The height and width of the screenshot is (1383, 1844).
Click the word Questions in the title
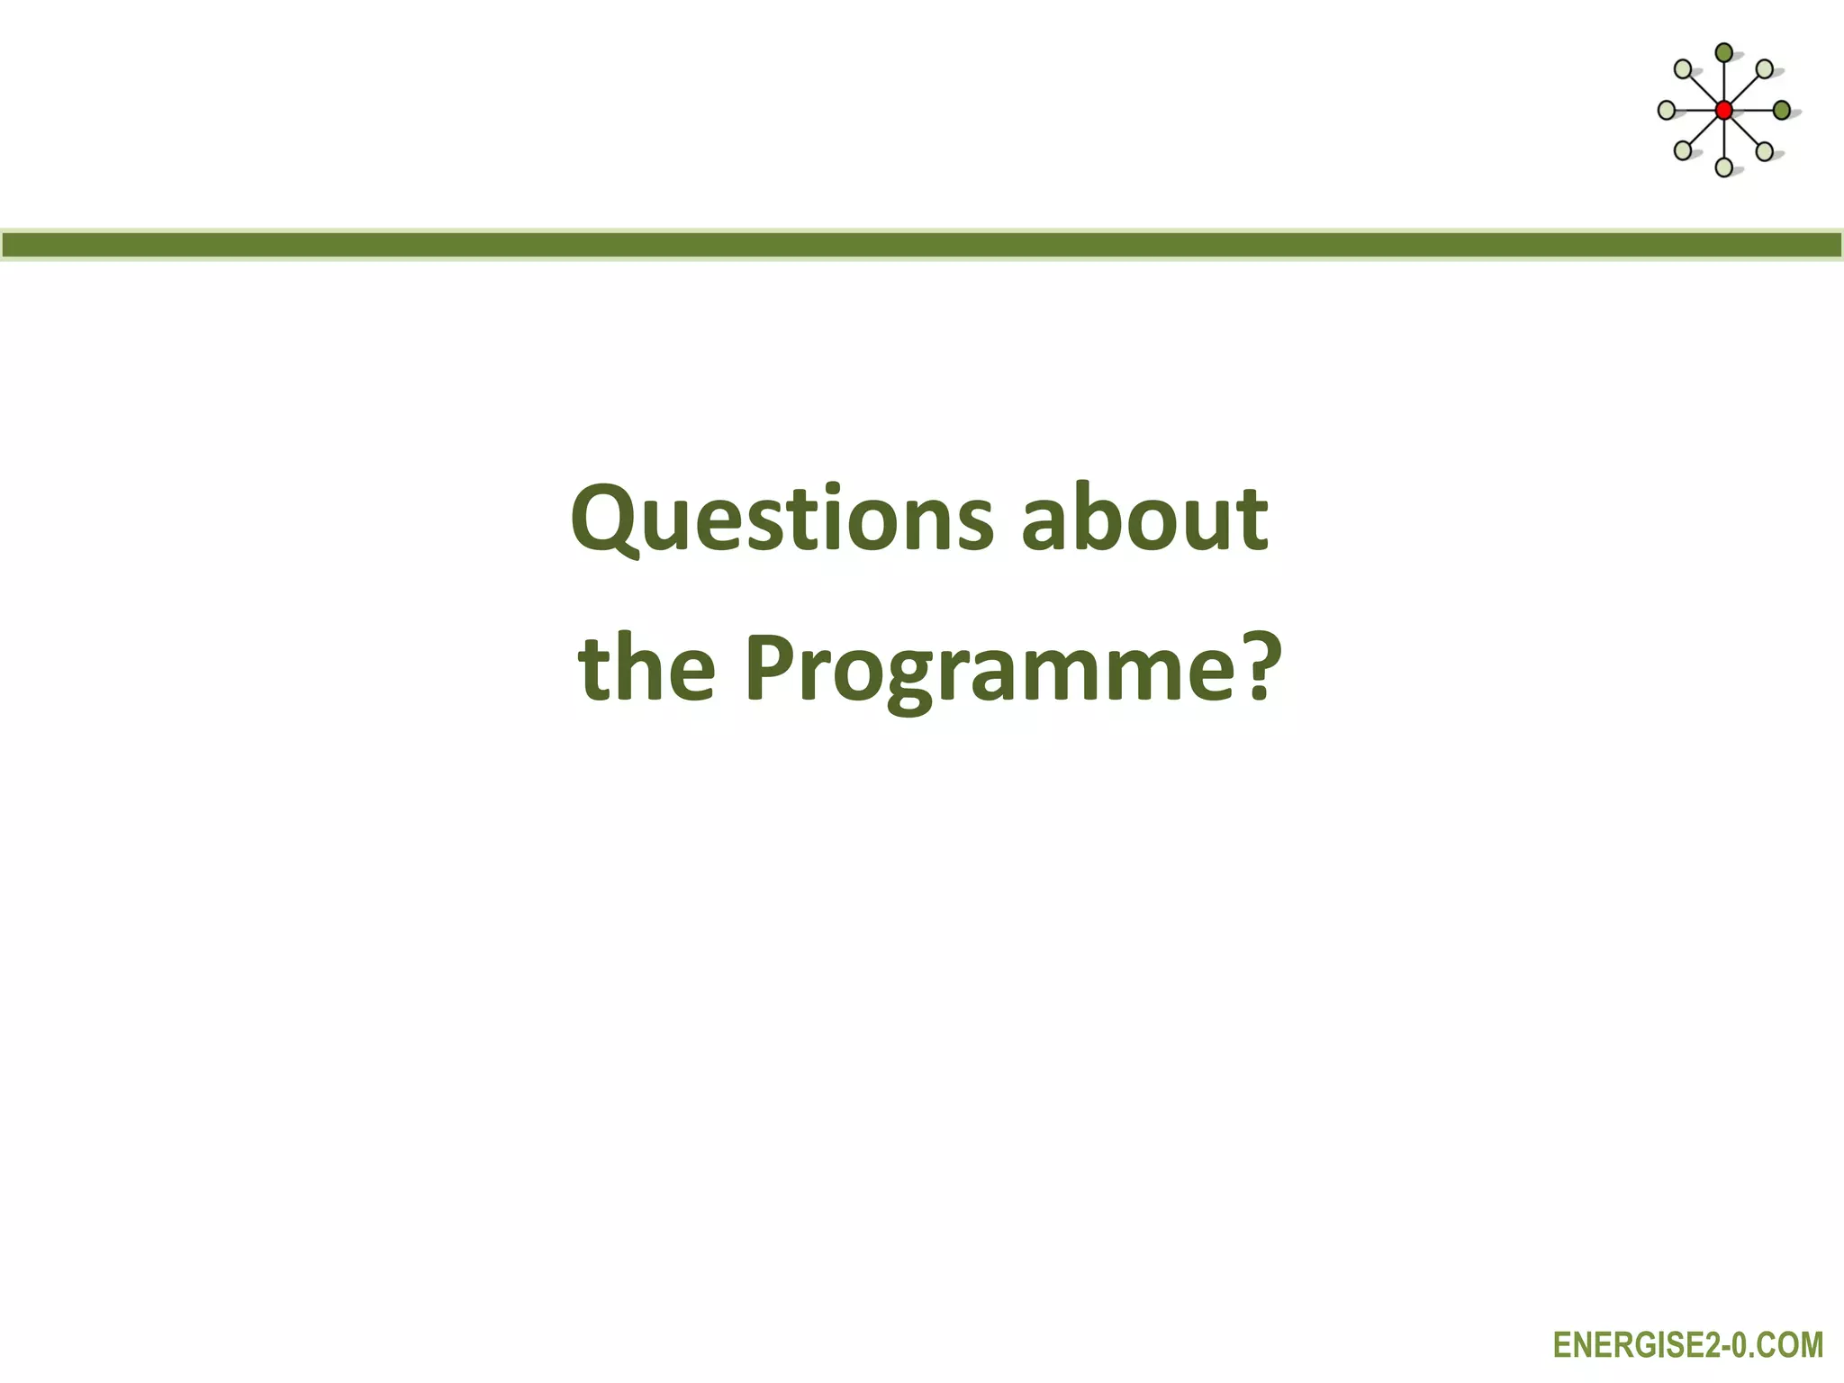(x=782, y=520)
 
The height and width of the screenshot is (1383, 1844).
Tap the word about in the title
(x=1145, y=519)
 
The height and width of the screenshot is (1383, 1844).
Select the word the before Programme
(x=647, y=668)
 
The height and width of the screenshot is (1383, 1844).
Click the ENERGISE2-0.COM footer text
(x=1687, y=1345)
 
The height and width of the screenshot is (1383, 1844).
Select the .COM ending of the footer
(x=1787, y=1345)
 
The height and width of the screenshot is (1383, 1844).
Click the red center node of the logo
(x=1723, y=111)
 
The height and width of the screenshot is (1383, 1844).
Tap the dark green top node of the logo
(x=1723, y=53)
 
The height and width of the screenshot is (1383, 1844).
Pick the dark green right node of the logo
(x=1781, y=111)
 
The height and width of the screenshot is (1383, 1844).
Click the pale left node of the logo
(x=1667, y=111)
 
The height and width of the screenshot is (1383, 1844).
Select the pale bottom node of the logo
(x=1723, y=167)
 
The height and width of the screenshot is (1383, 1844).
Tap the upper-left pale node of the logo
(x=1683, y=69)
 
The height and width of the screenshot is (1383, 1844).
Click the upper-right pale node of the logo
(x=1765, y=69)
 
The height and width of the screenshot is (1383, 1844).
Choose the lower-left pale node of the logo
(x=1683, y=150)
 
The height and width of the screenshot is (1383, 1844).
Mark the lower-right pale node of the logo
(x=1765, y=150)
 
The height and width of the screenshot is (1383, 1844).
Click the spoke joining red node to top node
(x=1723, y=83)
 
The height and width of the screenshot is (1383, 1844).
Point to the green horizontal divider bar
(x=922, y=245)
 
